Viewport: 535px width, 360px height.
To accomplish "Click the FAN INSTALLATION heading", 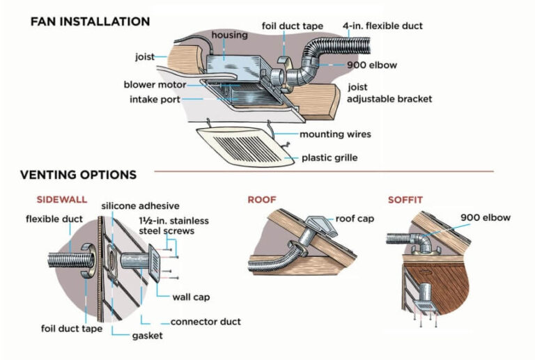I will point(90,22).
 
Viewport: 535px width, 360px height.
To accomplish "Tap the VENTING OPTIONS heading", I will point(78,175).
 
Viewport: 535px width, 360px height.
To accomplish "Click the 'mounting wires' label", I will point(335,134).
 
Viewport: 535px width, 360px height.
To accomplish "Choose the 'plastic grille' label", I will point(329,158).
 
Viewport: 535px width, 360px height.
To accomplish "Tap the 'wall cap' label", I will point(191,297).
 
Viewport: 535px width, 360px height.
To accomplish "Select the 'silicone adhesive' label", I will point(140,206).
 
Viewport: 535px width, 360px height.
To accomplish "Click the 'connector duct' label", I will point(206,322).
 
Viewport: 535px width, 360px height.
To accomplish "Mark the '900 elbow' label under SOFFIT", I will point(485,217).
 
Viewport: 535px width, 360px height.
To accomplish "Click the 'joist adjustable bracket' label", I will point(389,93).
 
